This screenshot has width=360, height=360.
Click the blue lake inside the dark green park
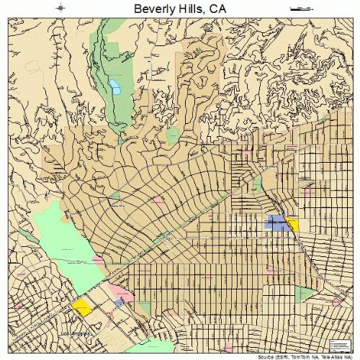click(114, 88)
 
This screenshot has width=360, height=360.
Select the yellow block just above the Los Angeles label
click(81, 307)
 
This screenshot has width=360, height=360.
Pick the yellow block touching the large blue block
click(293, 224)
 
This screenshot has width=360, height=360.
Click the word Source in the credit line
click(253, 356)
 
